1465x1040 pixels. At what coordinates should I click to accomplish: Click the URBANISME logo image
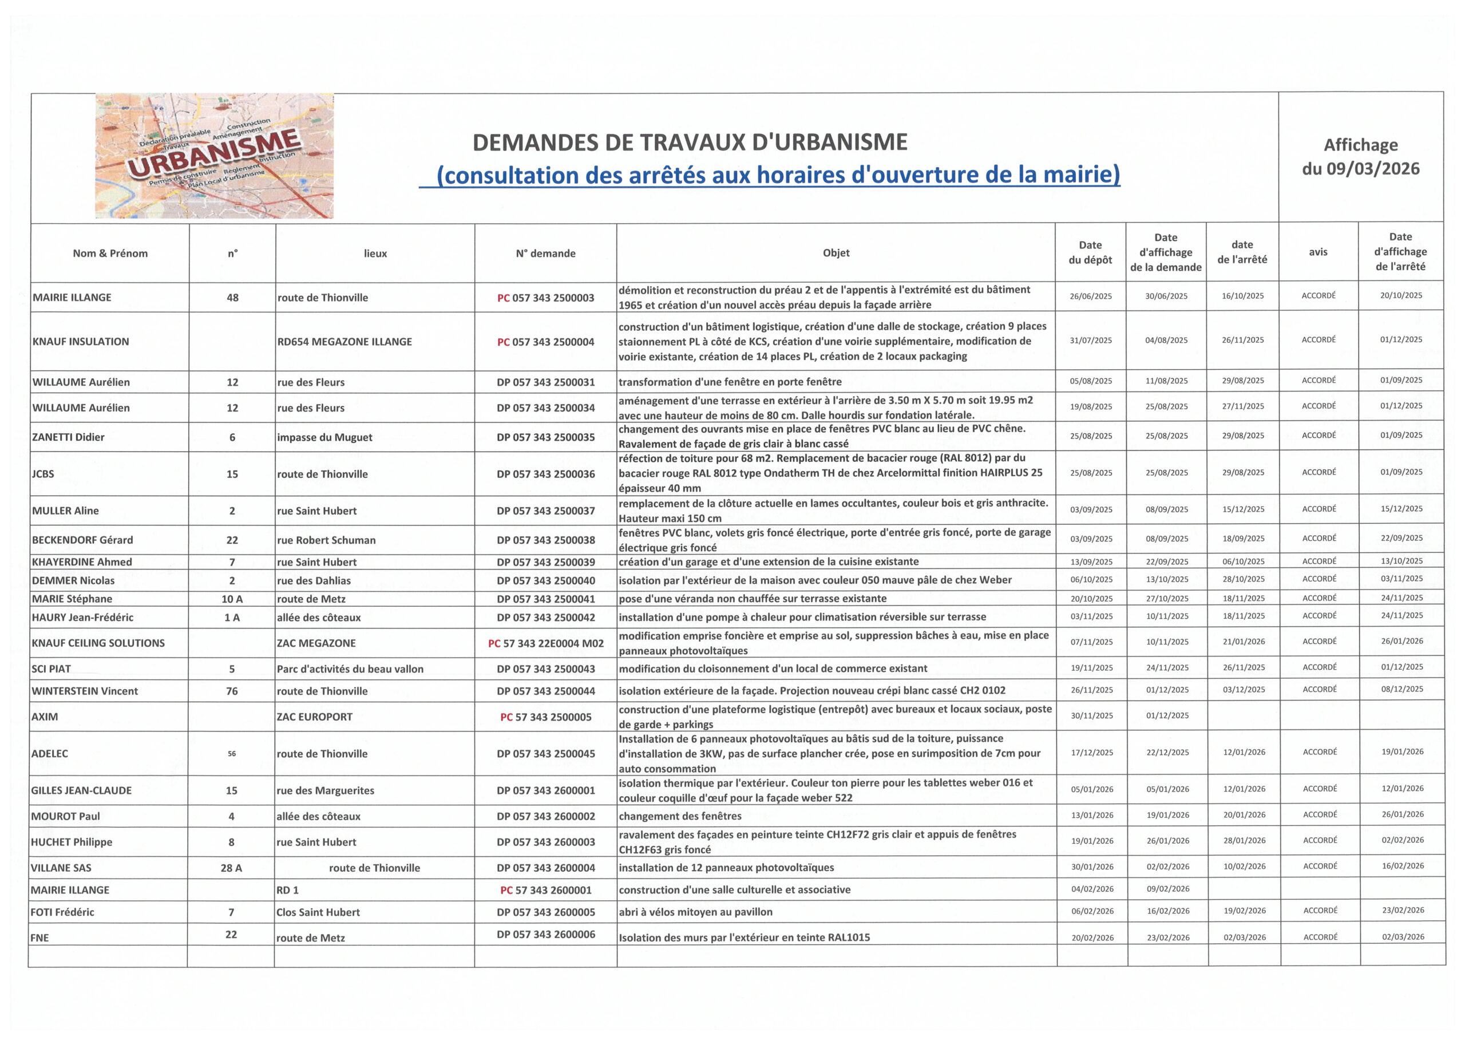pyautogui.click(x=214, y=156)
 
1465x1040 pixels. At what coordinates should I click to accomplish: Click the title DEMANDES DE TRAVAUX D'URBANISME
pyautogui.click(x=690, y=142)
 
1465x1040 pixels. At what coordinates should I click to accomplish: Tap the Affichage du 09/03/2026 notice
pyautogui.click(x=1361, y=157)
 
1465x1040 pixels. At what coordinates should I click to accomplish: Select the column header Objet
pyautogui.click(x=836, y=253)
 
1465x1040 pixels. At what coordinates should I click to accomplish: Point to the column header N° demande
pyautogui.click(x=545, y=254)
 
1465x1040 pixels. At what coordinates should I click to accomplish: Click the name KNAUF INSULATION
pyautogui.click(x=81, y=341)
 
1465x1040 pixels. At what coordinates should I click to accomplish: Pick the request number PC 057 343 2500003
pyautogui.click(x=545, y=298)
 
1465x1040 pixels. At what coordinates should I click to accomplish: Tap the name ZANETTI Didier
pyautogui.click(x=69, y=437)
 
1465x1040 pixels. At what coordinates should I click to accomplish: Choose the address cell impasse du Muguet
pyautogui.click(x=324, y=437)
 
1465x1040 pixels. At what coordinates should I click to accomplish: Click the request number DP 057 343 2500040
pyautogui.click(x=545, y=581)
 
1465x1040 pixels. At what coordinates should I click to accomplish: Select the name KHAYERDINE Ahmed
pyautogui.click(x=82, y=562)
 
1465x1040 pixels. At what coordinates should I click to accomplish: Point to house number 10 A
pyautogui.click(x=232, y=599)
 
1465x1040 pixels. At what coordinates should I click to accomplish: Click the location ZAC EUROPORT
pyautogui.click(x=314, y=717)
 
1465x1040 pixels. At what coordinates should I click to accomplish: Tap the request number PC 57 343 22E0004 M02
pyautogui.click(x=545, y=643)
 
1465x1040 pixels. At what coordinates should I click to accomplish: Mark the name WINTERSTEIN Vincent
pyautogui.click(x=85, y=691)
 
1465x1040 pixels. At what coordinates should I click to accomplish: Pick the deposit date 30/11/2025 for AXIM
pyautogui.click(x=1092, y=716)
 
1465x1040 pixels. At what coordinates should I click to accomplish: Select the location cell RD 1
pyautogui.click(x=287, y=890)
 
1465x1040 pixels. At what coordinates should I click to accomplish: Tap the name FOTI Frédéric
pyautogui.click(x=62, y=912)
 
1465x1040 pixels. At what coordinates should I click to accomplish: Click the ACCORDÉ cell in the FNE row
pyautogui.click(x=1320, y=938)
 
